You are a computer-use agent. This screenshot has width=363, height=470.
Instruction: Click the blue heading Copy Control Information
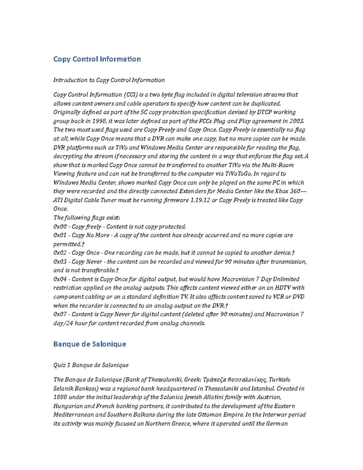pos(97,59)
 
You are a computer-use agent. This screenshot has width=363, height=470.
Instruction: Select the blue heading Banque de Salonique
pos(90,344)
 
